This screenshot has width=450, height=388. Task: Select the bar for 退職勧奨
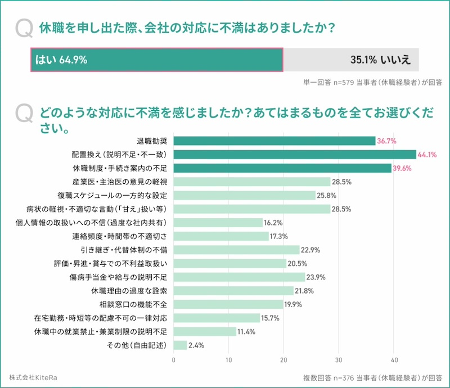click(274, 141)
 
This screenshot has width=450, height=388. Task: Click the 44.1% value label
click(427, 155)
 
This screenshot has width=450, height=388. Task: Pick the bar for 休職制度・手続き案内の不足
click(282, 168)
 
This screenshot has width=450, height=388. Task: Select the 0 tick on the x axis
click(174, 360)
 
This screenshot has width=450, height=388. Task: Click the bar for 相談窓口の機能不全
click(228, 304)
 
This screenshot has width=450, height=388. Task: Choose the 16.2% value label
click(274, 223)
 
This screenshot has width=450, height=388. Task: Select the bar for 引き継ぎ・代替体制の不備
click(236, 250)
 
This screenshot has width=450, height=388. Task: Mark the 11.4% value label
click(247, 332)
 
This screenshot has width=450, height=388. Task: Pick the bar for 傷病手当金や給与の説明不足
click(239, 277)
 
